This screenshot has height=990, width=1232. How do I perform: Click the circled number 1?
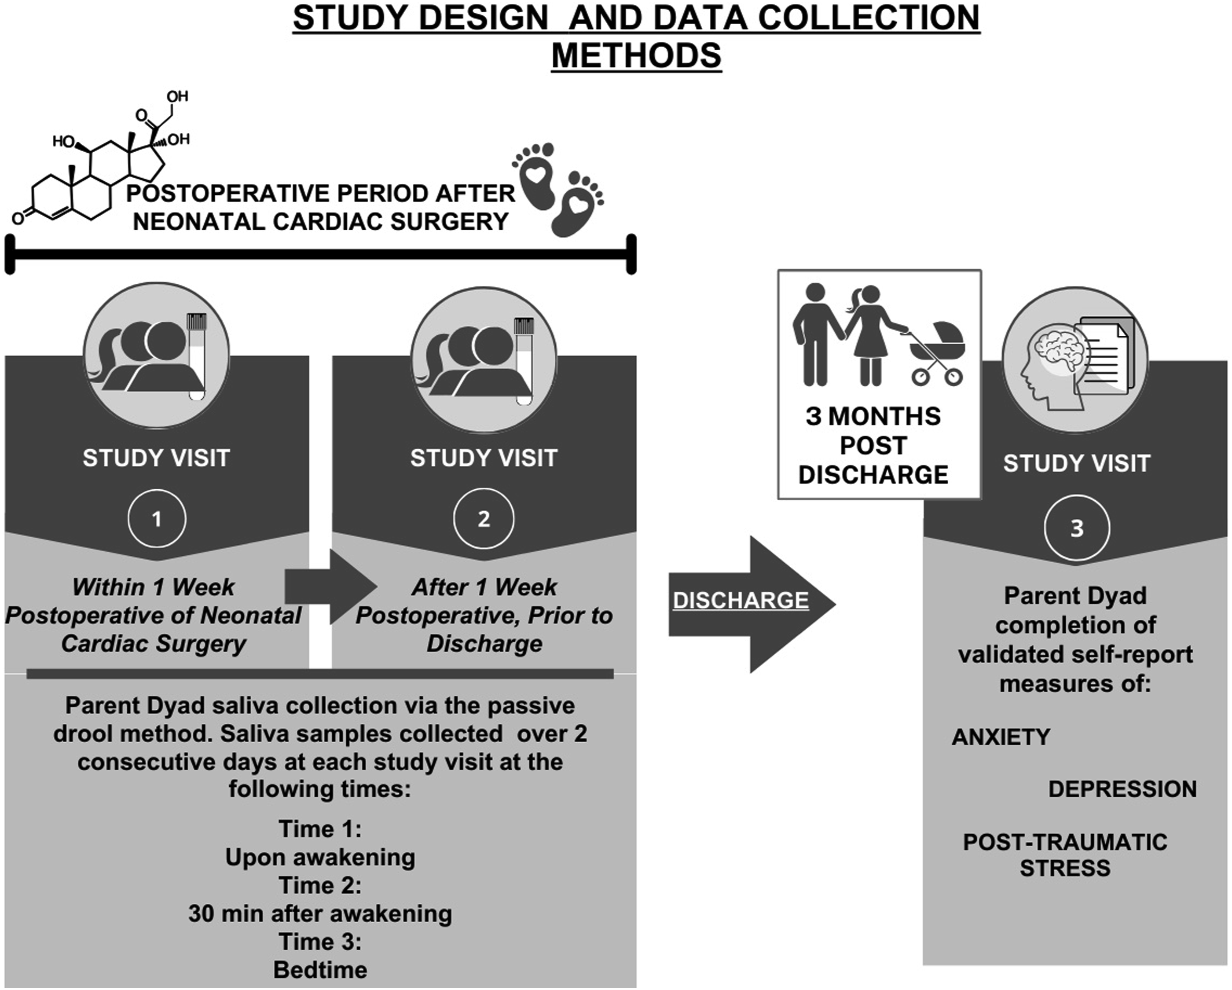tap(157, 519)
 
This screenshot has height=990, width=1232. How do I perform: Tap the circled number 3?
tap(1077, 528)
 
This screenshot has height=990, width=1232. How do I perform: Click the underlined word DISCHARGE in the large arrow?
tap(741, 600)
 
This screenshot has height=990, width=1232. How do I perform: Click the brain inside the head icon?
tap(1060, 350)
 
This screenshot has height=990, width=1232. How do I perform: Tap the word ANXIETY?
tap(1001, 737)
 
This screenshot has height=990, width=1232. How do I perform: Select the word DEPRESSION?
tap(1122, 789)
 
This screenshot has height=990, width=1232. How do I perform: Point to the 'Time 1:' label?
tap(320, 829)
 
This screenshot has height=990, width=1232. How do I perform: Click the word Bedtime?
tap(320, 970)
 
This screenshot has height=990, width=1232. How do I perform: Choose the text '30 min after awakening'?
tap(320, 913)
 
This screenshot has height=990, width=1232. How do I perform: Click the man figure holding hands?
tap(815, 334)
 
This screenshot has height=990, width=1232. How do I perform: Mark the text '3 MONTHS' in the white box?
tap(873, 416)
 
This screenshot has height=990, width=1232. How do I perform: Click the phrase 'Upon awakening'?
tap(320, 858)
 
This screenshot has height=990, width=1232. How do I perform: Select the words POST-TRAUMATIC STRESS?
tap(1065, 855)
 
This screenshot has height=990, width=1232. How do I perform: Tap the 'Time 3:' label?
tap(320, 942)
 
